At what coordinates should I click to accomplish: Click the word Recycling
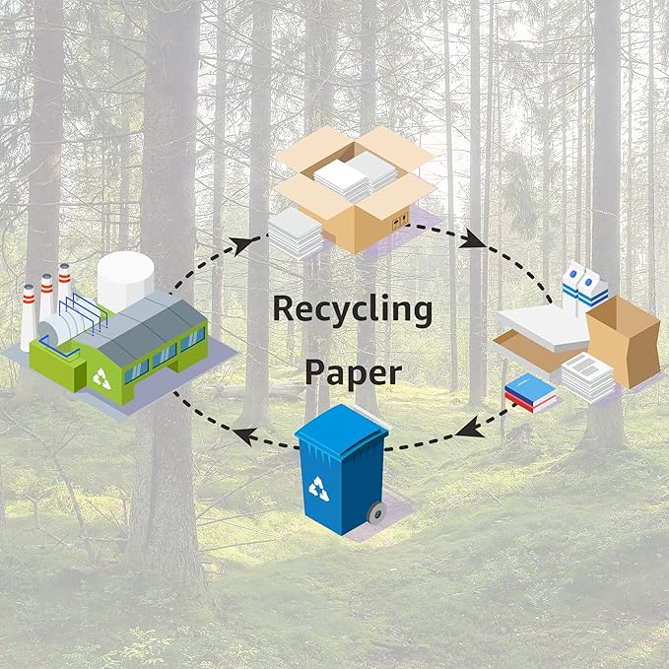tap(352, 310)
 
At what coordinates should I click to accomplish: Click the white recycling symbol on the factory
tap(102, 375)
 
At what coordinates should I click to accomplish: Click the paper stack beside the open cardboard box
tap(296, 235)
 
